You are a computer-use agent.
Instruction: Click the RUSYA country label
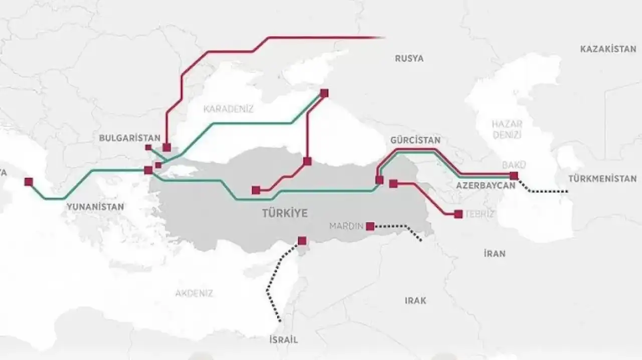(409, 58)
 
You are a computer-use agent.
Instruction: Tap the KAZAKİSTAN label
(608, 49)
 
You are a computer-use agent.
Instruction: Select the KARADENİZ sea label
(228, 108)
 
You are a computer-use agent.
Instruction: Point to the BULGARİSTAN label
(130, 138)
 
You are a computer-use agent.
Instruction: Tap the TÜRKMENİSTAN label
(602, 178)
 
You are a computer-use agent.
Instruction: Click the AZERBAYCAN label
(486, 186)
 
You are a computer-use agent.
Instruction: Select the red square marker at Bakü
(513, 175)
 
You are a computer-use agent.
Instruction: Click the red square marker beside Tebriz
(458, 214)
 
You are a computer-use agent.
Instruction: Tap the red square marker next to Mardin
(370, 226)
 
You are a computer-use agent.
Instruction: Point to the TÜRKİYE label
(285, 214)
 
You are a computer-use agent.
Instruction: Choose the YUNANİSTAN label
(95, 206)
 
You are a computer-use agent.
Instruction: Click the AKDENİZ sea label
(194, 293)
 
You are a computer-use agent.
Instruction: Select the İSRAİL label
(283, 339)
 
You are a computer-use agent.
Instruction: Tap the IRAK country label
(415, 300)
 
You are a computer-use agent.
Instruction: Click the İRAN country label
(495, 254)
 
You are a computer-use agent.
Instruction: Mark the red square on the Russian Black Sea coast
(324, 93)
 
